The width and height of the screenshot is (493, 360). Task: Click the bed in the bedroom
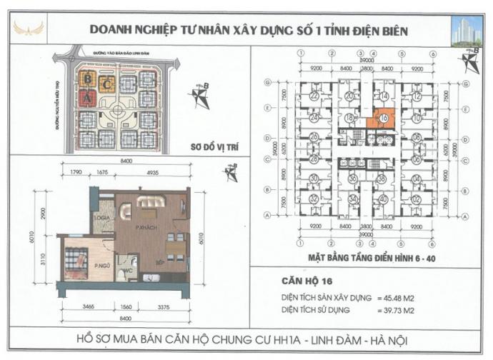[76, 261]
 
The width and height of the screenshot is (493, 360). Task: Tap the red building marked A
[87, 99]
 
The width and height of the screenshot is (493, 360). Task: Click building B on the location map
[87, 77]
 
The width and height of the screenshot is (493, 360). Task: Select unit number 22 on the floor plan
[314, 96]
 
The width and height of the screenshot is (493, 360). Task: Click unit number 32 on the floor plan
[314, 198]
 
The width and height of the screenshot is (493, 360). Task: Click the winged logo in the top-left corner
[29, 29]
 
